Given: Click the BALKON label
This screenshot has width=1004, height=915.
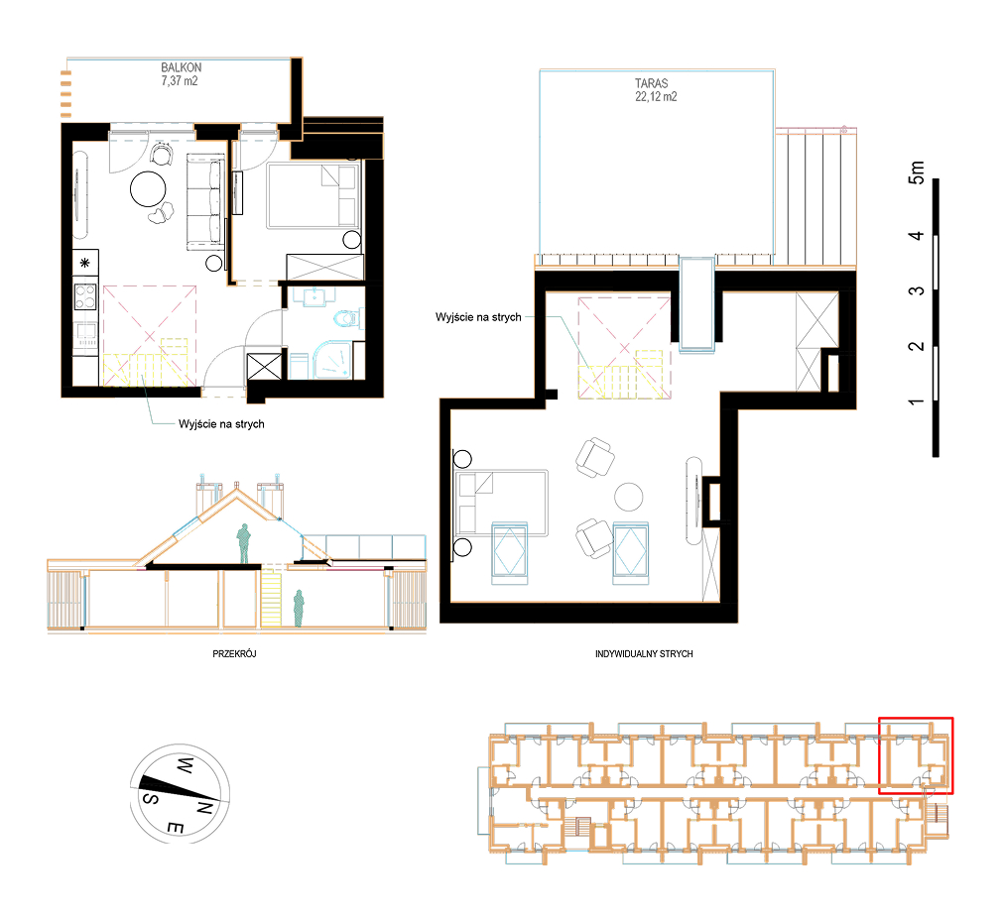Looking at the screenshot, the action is click(x=182, y=67).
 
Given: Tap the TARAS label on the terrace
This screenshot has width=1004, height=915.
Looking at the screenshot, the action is click(x=651, y=83).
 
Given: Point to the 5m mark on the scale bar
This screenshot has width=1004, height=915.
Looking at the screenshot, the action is click(x=917, y=172).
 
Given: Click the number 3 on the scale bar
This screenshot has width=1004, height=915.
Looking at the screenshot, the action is click(x=917, y=290).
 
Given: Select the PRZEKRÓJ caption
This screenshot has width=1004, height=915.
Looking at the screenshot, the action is click(x=234, y=654).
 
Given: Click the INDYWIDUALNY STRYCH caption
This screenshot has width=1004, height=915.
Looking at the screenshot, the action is click(x=644, y=654).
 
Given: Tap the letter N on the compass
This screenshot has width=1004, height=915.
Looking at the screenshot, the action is click(x=203, y=808).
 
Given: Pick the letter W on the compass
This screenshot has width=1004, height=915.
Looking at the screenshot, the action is click(x=185, y=764).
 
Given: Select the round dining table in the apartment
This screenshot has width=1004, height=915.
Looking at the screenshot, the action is click(x=148, y=189).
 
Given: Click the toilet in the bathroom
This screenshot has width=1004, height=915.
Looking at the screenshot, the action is click(x=347, y=318).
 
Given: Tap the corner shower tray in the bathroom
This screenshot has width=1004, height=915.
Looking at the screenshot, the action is click(x=332, y=360).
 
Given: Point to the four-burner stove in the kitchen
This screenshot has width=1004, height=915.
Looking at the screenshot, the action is click(x=85, y=296).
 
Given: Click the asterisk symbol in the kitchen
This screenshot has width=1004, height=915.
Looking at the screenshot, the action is click(x=85, y=263).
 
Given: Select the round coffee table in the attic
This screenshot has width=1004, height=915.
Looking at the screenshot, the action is click(x=629, y=497).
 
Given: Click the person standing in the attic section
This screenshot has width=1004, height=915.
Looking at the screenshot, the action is click(x=243, y=543).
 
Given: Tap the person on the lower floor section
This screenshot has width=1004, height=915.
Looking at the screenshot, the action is click(x=299, y=608).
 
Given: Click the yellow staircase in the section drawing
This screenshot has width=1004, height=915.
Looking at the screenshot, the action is click(x=271, y=599).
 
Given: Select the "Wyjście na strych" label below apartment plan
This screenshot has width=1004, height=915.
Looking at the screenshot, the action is click(x=221, y=423).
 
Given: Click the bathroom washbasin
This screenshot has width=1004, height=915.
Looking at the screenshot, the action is click(x=314, y=297).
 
